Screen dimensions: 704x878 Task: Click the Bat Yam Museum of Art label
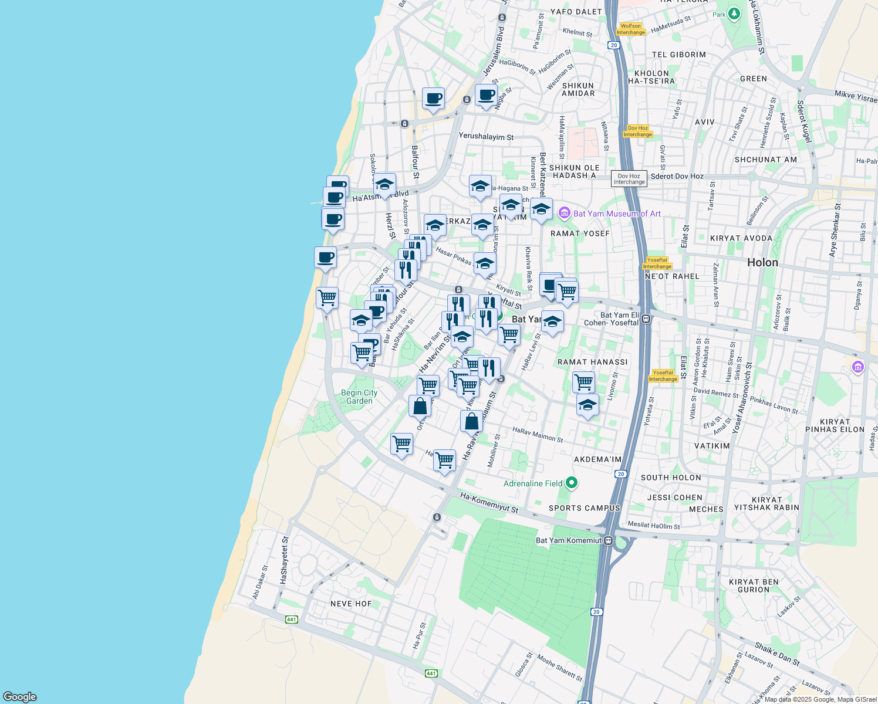pos(617,214)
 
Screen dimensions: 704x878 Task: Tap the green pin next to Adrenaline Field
pos(572,483)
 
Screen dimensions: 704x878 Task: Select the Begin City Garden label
pos(359,397)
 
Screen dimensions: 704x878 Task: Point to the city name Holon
pos(762,262)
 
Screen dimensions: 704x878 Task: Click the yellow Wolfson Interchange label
pos(631,29)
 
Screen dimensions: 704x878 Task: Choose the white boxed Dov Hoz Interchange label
pos(629,179)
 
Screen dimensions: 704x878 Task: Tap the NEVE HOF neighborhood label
pos(351,604)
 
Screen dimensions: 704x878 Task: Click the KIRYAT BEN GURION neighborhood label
pos(754,586)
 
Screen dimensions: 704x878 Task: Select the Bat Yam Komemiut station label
pos(569,540)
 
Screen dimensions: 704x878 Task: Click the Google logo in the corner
pos(19,697)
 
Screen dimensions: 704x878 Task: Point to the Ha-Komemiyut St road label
pos(489,503)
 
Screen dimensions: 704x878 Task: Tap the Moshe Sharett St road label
pos(560,669)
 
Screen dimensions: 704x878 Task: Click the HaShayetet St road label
pos(284,560)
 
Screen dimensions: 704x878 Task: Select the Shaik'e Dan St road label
pos(777,654)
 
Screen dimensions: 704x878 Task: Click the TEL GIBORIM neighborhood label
pos(679,55)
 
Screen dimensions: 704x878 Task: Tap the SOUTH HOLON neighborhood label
pos(671,478)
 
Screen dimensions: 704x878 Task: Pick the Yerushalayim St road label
pos(486,137)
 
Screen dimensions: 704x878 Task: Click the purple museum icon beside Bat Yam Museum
pos(564,213)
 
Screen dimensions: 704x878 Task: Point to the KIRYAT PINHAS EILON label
pos(835,425)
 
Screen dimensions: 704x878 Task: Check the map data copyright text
pos(819,699)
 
